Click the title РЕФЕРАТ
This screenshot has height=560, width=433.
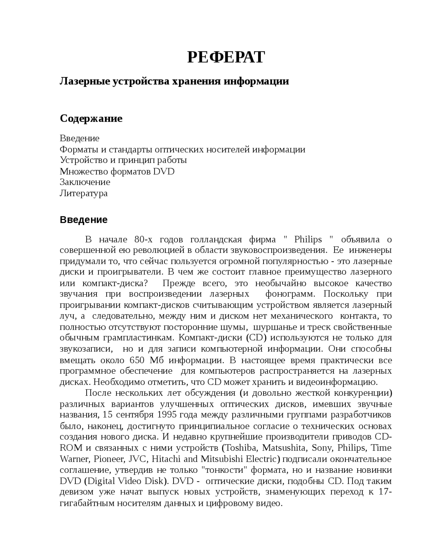[226, 57]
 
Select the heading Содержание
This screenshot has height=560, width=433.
[91, 119]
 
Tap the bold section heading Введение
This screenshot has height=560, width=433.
[84, 220]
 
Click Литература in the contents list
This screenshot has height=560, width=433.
[84, 193]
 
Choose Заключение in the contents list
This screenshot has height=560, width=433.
[85, 182]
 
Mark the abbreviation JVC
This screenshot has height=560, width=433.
[139, 459]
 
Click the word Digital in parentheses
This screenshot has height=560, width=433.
[101, 481]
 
